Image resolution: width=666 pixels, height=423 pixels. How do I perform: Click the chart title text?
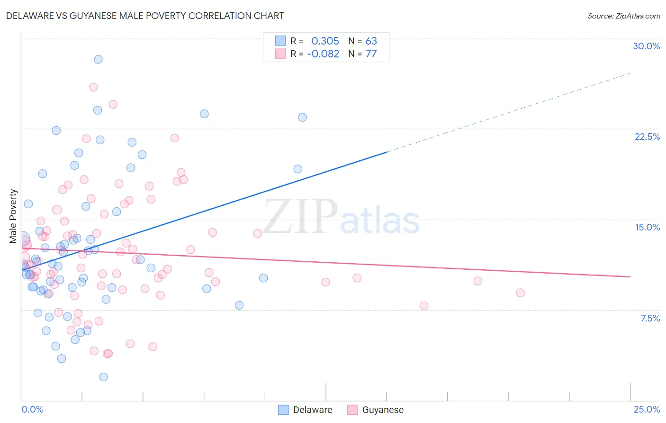[145, 16]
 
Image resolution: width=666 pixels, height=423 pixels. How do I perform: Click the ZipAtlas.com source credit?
[623, 16]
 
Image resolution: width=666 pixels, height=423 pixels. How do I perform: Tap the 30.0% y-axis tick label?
[646, 46]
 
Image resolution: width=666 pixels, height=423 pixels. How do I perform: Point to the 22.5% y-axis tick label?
[647, 137]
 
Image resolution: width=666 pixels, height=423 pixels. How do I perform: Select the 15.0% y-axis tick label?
[647, 227]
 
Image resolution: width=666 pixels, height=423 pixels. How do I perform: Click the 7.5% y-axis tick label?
[650, 318]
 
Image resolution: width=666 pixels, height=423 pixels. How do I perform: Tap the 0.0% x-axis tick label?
[32, 409]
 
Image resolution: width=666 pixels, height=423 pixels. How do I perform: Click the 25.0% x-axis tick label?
[647, 409]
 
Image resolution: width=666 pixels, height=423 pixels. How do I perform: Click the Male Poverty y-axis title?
[13, 216]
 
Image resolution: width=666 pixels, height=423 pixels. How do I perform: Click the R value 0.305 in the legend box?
[325, 41]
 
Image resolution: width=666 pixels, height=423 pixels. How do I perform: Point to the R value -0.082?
[323, 54]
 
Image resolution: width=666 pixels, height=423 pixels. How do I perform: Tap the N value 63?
[371, 41]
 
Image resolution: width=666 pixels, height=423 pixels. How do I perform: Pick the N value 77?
[371, 54]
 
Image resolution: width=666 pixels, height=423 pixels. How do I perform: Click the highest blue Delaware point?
[98, 59]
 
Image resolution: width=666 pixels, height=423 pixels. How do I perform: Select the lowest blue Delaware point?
[103, 377]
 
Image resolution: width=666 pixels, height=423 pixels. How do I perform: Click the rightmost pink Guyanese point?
[520, 293]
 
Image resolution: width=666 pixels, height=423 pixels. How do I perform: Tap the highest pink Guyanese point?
[93, 87]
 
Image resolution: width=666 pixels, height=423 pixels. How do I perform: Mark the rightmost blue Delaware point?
[302, 117]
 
